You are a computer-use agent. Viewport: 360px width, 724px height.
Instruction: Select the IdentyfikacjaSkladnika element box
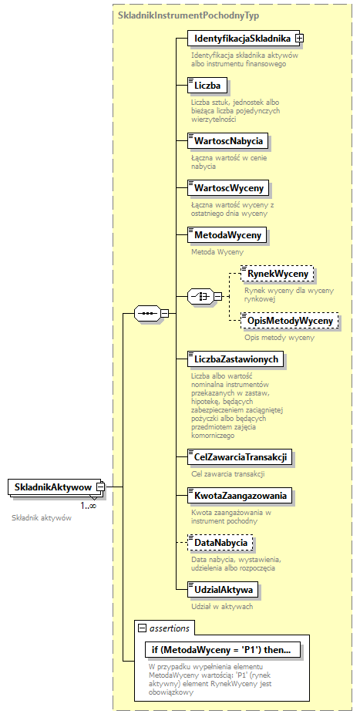[x=241, y=38]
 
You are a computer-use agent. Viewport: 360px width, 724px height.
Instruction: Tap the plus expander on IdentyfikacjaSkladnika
[x=300, y=38]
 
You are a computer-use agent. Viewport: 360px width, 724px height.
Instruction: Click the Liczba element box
[x=207, y=85]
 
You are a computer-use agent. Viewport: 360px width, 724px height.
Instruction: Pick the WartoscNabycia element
[x=229, y=140]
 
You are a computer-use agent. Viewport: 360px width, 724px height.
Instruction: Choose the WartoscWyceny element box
[x=228, y=187]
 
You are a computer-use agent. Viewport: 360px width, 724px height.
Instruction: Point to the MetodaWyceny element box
[x=227, y=234]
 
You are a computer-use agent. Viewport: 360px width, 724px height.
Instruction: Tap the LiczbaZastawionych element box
[x=237, y=359]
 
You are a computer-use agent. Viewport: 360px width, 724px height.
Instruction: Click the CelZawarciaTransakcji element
[x=241, y=456]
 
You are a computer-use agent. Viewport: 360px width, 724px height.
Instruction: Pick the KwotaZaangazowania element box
[x=241, y=495]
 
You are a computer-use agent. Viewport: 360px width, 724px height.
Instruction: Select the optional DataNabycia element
[x=220, y=543]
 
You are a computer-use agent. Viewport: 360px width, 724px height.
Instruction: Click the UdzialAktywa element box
[x=224, y=590]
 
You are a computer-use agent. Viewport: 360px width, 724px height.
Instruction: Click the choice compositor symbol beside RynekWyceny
[x=201, y=296]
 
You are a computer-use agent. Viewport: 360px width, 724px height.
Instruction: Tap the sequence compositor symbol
[x=146, y=313]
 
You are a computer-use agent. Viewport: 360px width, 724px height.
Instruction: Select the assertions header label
[x=169, y=628]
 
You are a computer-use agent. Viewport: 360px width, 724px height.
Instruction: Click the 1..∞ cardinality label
[x=89, y=506]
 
